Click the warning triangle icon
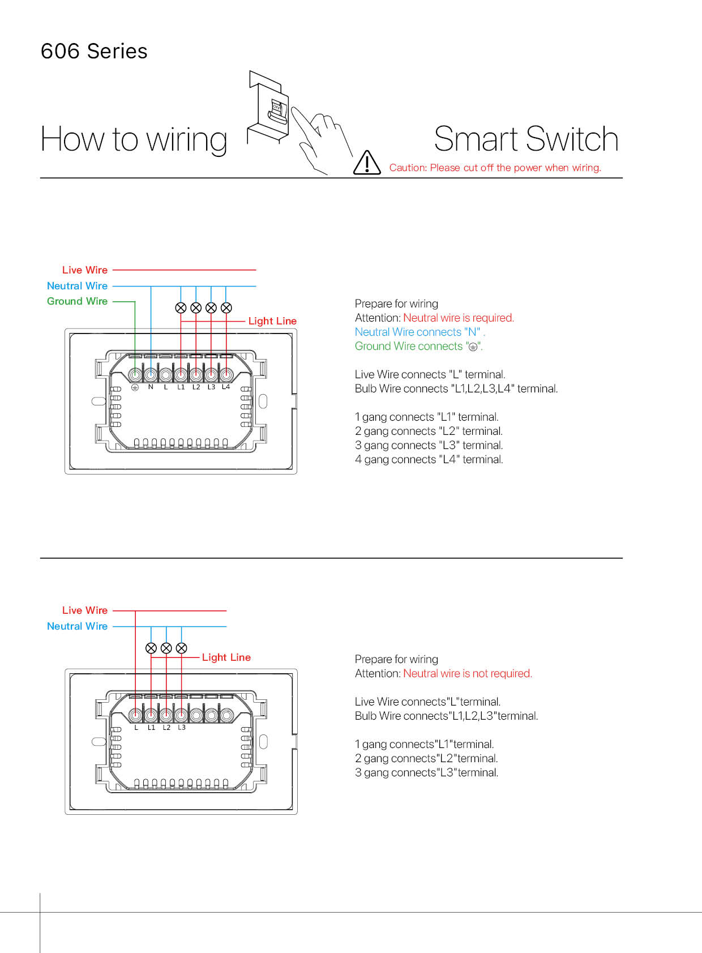tap(367, 163)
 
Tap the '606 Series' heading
tap(94, 52)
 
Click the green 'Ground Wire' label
tap(77, 301)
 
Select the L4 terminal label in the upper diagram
tap(226, 387)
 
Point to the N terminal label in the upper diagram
tap(151, 387)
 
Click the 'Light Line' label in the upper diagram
tap(272, 321)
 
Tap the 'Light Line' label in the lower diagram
tap(226, 657)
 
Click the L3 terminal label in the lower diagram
tap(182, 728)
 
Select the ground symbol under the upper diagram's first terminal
tap(135, 388)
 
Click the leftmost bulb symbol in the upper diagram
tap(181, 307)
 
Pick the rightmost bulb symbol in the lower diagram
tap(181, 648)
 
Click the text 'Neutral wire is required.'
tap(459, 318)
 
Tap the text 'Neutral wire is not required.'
tap(468, 673)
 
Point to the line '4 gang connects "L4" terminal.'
tap(429, 459)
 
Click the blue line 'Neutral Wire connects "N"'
tap(420, 332)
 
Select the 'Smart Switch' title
tap(526, 139)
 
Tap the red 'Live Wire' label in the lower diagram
tap(85, 610)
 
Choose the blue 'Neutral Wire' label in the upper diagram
tap(77, 286)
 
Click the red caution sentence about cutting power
tap(495, 168)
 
